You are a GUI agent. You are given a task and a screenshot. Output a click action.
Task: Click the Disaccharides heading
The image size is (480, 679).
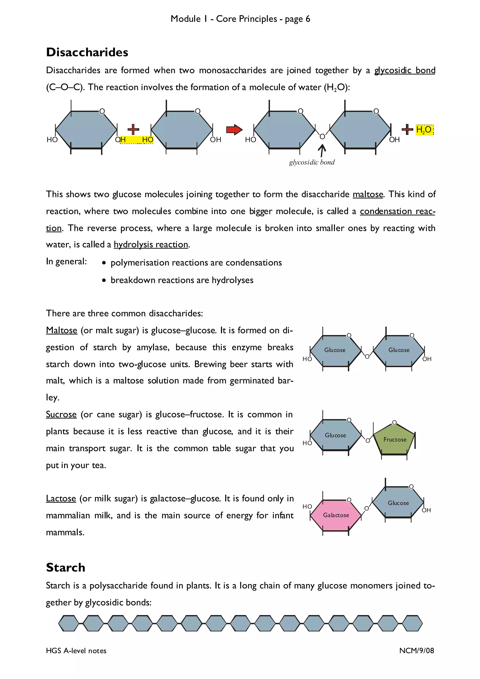coord(87,52)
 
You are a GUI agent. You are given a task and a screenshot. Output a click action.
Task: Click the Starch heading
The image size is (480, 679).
coord(66,567)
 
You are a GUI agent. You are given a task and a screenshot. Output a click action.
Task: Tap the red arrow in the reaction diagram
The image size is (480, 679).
coord(234,130)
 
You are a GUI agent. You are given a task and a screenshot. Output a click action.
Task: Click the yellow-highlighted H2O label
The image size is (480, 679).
coord(424,130)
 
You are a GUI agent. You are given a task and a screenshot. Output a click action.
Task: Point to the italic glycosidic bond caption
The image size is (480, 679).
coord(312,162)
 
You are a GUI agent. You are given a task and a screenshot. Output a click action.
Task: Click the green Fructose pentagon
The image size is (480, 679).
coord(394,440)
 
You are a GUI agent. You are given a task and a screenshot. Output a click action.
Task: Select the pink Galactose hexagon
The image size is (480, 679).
coord(336,515)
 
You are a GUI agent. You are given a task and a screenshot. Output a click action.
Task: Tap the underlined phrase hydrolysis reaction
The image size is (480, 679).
coord(151,245)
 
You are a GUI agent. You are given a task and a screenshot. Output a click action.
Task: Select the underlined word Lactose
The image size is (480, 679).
coord(61,498)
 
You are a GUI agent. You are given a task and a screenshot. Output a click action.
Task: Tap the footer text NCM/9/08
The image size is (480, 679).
coord(416,650)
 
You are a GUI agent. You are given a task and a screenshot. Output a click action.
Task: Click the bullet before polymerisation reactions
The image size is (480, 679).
coord(104,263)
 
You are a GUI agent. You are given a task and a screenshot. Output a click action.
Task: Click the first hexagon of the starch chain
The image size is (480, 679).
coord(69,623)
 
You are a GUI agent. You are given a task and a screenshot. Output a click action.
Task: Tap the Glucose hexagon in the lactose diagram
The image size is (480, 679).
coord(398,503)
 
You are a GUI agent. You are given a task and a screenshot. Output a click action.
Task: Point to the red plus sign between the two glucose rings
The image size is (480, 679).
coord(133,129)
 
